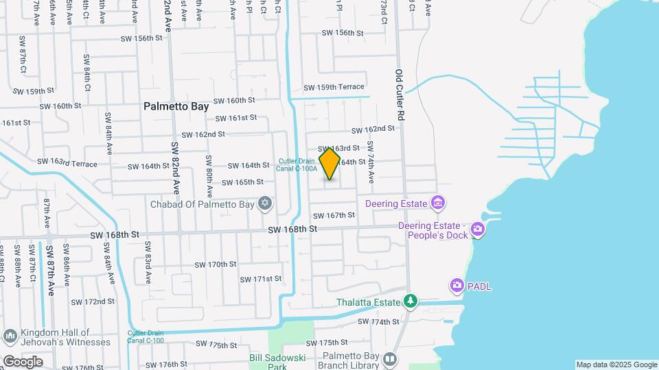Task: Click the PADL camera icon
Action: point(457,285)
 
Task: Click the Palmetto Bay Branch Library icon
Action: point(390,358)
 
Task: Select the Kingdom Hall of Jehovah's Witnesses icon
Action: point(10,336)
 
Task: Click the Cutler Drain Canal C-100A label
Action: point(297,164)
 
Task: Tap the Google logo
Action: point(23,361)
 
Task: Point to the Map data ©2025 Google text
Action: point(616,365)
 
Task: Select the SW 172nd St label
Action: point(93,301)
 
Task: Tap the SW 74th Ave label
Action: point(371,162)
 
